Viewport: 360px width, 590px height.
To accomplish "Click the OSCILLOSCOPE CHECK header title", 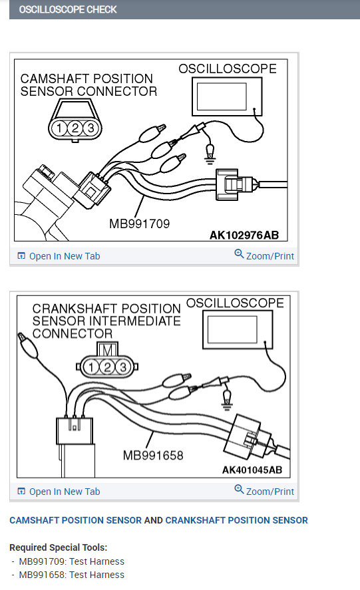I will tap(68, 9).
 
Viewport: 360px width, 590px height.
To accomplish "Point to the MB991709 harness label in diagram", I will tap(139, 224).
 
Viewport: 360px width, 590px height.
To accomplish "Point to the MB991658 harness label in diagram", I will tap(152, 456).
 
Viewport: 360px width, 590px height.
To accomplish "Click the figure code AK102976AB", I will tap(244, 235).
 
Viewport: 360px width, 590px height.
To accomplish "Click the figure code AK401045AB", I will tap(252, 470).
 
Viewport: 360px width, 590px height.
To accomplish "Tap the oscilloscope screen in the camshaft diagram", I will tap(223, 94).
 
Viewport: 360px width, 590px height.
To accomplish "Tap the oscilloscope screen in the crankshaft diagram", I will tap(232, 329).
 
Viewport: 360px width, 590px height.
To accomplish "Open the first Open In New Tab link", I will tap(64, 256).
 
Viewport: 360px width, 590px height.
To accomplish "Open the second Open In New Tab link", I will tap(64, 492).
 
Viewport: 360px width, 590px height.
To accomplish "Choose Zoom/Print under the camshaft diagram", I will tap(264, 256).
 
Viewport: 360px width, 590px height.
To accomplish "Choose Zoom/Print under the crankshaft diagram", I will tap(264, 492).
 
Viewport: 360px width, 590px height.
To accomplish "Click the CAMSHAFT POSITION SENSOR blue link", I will tap(75, 520).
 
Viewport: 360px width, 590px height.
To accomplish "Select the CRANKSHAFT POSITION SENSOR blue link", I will tap(236, 520).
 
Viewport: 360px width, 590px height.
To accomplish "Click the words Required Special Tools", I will tap(58, 547).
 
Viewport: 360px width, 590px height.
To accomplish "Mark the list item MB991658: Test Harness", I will tap(71, 575).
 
